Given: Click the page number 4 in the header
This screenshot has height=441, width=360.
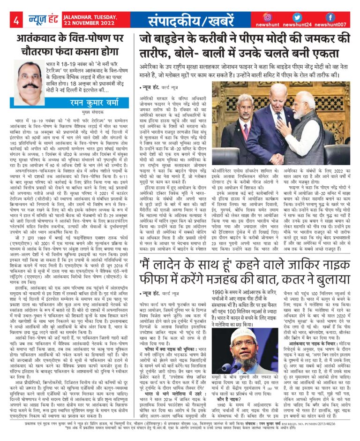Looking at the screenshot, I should tap(16, 20).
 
